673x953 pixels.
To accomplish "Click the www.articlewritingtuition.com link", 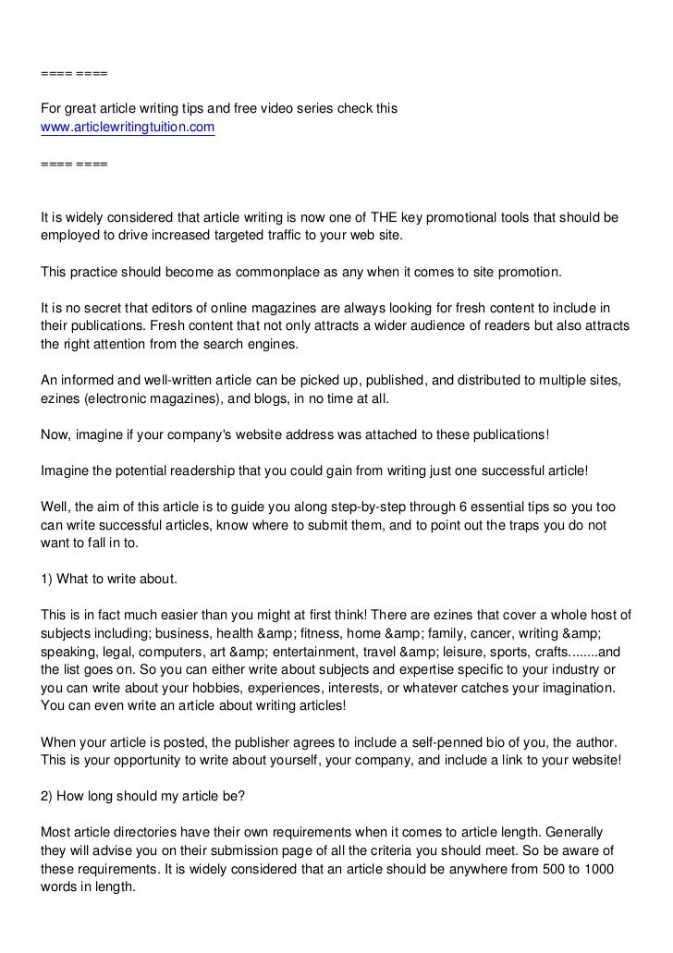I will point(128,127).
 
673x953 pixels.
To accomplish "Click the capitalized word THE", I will point(376,217).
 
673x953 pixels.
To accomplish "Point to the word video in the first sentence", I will point(295,109).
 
